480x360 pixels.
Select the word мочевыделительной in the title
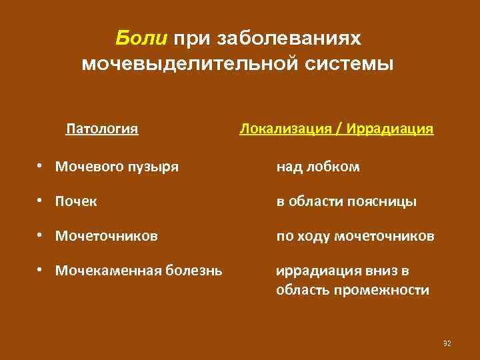tap(186, 65)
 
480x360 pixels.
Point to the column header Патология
tap(102, 127)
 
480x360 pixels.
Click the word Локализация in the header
tap(285, 127)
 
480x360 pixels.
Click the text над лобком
tap(318, 167)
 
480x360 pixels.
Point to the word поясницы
tap(384, 201)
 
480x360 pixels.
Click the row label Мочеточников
tap(107, 236)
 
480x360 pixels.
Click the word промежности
tap(389, 290)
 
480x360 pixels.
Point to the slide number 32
tap(447, 343)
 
